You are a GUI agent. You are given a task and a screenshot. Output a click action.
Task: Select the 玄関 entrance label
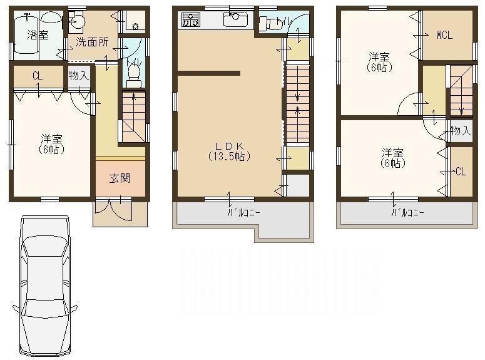tap(120, 178)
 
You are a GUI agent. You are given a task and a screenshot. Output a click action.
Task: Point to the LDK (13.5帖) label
tap(229, 151)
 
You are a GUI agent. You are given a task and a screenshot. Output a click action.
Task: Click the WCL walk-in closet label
tap(444, 35)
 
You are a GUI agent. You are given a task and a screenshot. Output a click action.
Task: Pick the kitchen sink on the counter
tap(236, 21)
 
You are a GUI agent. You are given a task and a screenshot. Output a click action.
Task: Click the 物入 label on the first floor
tap(78, 76)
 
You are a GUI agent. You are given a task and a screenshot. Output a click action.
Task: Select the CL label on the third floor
tap(461, 171)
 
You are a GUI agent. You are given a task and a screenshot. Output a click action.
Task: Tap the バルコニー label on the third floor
tap(407, 212)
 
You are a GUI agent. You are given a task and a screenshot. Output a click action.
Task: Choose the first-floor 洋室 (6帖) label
tap(49, 143)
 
